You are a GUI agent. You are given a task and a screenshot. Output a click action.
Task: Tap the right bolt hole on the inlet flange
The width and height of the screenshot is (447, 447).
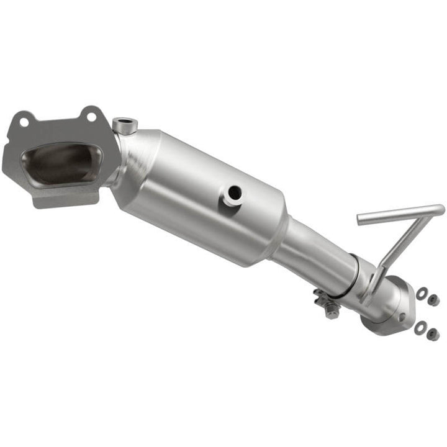point(91,116)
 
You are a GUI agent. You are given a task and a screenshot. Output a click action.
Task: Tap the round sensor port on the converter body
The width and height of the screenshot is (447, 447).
point(235,194)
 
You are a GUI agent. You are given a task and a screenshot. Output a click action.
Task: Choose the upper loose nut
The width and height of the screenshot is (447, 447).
point(433,300)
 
